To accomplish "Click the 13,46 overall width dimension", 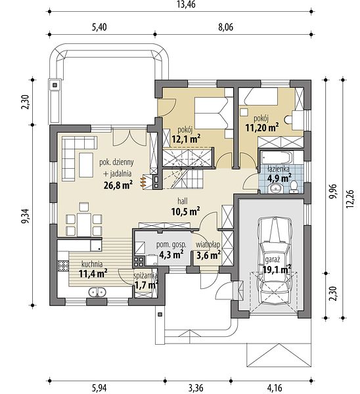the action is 186,5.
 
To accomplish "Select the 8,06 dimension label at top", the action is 225,27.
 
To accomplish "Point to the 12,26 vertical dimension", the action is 349,198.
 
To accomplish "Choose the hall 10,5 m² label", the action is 185,207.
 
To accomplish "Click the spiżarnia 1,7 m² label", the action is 146,281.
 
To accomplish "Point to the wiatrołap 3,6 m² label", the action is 208,250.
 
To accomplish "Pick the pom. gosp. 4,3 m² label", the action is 171,250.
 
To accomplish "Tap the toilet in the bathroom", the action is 294,188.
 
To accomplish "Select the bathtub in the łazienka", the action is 277,158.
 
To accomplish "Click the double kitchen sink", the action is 97,292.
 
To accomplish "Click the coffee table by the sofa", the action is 86,165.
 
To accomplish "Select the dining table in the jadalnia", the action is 84,225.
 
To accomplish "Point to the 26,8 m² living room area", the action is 118,185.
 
